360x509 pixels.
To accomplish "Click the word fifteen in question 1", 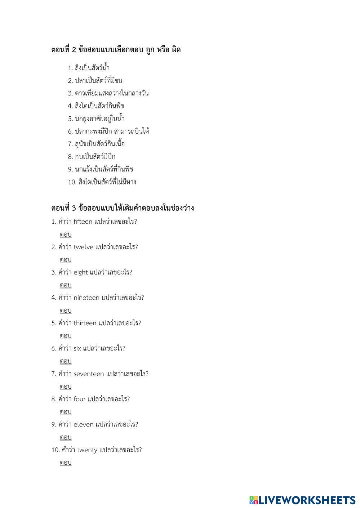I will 83,222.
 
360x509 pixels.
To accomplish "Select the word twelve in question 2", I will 83,247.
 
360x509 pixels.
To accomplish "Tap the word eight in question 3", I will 80,272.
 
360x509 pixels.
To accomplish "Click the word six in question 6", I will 77,348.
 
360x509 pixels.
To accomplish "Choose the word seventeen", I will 88,374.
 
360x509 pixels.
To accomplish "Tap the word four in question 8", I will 79,399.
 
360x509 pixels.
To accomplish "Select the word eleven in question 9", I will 83,424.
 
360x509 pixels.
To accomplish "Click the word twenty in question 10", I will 87,450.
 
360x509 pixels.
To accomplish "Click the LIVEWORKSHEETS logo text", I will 307,500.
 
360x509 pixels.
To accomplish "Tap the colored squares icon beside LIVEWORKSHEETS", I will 253,500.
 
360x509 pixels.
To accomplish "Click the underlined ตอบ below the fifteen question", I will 66,235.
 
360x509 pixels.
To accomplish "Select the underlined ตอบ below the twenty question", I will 66,463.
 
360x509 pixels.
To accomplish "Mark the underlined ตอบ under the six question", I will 66,361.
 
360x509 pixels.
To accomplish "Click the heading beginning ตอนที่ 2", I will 116,50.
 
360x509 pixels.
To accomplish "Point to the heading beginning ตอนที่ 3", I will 123,208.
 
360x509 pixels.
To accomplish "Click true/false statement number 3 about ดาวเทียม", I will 108,93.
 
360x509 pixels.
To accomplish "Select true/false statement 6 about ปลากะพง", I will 108,131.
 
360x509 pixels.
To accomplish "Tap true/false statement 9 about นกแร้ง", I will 101,169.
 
